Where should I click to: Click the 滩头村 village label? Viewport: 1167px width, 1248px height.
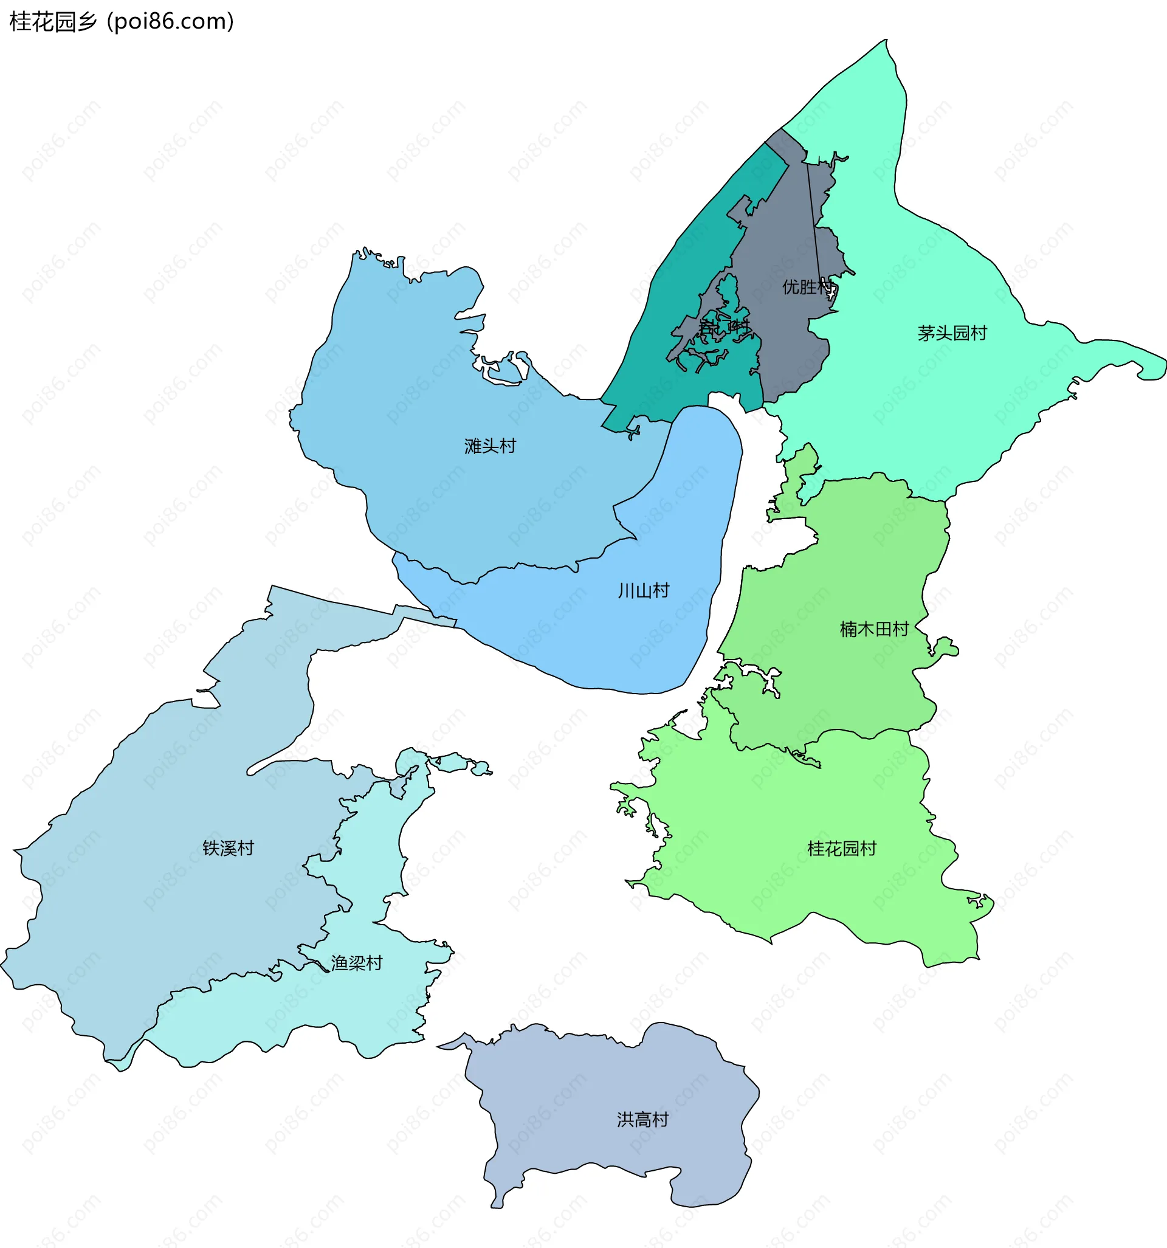click(490, 446)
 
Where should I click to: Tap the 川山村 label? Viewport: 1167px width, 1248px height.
click(644, 590)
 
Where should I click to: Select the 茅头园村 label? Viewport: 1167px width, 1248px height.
click(952, 333)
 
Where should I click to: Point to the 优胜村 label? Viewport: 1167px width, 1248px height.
click(807, 287)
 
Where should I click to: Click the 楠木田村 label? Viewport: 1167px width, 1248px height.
click(874, 629)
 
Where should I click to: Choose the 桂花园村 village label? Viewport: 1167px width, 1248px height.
click(841, 849)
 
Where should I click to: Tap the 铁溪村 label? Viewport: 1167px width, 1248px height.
click(228, 848)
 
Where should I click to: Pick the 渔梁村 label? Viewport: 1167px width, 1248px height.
click(356, 963)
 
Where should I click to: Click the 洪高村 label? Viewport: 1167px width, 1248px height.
click(642, 1119)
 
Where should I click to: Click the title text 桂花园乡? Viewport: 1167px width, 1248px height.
click(53, 21)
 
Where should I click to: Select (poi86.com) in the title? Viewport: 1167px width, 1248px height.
click(170, 21)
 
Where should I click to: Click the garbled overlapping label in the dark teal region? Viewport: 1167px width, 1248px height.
click(724, 326)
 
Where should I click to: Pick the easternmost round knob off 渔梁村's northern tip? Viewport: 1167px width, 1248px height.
click(481, 768)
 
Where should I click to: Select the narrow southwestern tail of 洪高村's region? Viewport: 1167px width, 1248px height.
click(497, 1203)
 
